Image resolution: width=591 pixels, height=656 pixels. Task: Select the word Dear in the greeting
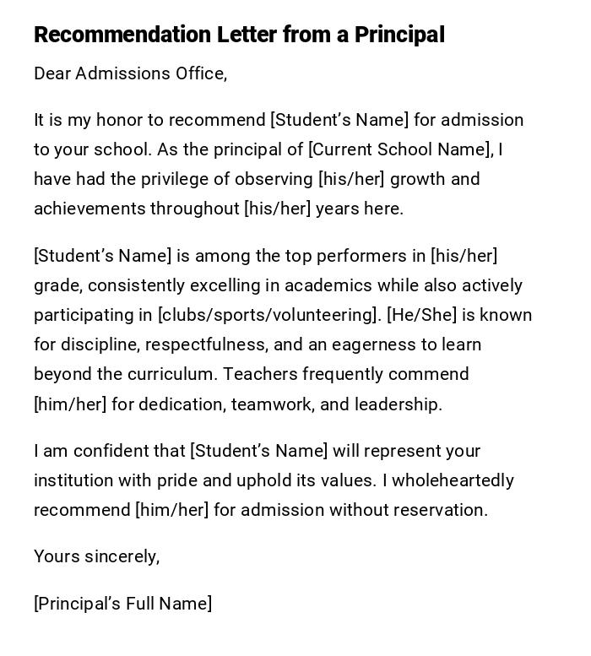point(52,73)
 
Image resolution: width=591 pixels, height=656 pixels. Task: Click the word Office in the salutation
point(200,73)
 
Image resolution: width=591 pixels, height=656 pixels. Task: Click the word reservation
point(443,510)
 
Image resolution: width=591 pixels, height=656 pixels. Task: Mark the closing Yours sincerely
point(96,556)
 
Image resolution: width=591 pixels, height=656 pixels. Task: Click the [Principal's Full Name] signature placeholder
point(123,604)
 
